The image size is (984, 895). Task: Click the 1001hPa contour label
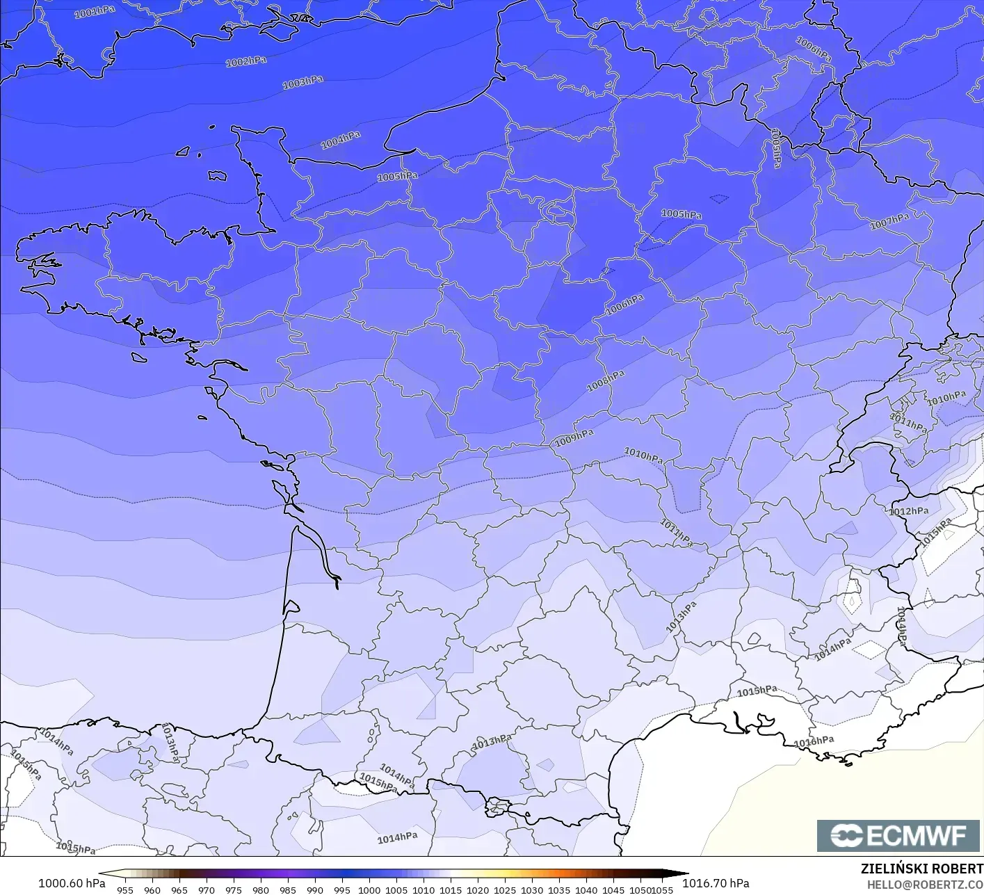(x=95, y=13)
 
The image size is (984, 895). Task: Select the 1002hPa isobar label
(x=245, y=62)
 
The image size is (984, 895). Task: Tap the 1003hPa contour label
(x=303, y=83)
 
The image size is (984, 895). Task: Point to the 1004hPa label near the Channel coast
(x=340, y=140)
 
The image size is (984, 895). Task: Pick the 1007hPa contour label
(x=889, y=222)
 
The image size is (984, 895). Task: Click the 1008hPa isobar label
(x=606, y=381)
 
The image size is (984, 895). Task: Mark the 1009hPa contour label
(x=574, y=438)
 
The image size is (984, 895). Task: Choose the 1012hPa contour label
(x=908, y=511)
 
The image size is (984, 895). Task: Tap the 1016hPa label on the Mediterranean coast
(x=814, y=742)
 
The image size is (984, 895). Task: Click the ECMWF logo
(x=898, y=835)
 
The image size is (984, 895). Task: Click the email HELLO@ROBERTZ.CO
(x=925, y=884)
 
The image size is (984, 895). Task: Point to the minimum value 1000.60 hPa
(x=72, y=883)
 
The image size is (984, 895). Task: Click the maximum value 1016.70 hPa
(x=716, y=883)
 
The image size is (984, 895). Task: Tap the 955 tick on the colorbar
(x=125, y=889)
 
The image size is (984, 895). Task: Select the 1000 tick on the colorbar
(x=369, y=889)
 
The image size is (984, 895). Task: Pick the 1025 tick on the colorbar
(x=505, y=889)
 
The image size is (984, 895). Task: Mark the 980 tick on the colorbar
(x=261, y=889)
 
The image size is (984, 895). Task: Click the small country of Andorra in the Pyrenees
(x=498, y=807)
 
